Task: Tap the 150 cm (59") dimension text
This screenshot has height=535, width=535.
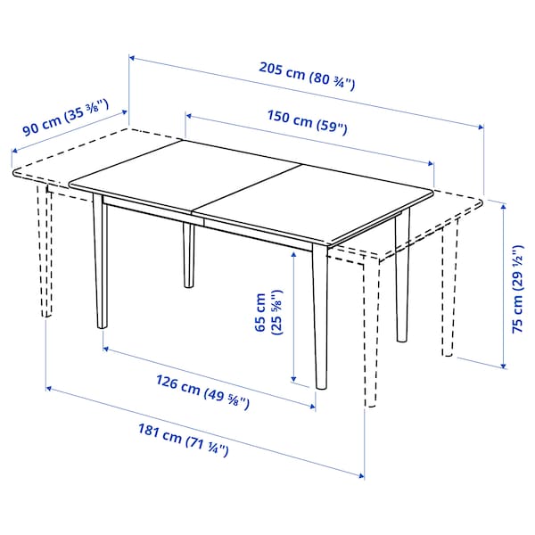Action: coord(305,126)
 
